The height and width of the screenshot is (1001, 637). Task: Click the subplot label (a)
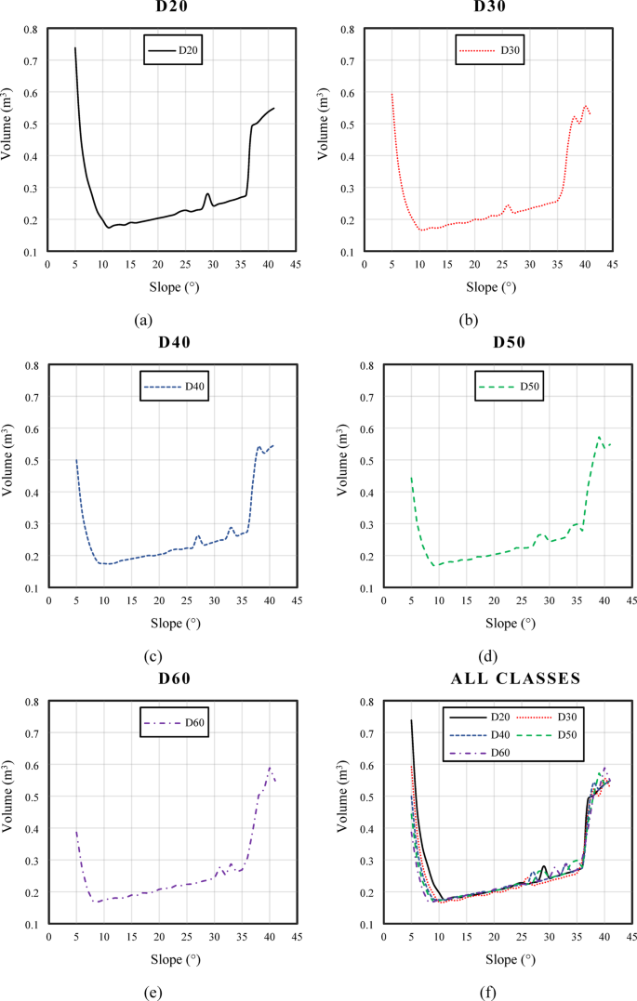coord(142,320)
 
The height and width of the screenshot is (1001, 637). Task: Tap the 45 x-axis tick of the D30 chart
coord(613,264)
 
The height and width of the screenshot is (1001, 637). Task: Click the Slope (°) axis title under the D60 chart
coord(169,959)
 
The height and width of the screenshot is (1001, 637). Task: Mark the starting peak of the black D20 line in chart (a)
coord(75,47)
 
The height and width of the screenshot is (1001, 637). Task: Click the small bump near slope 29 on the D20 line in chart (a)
coord(208,194)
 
